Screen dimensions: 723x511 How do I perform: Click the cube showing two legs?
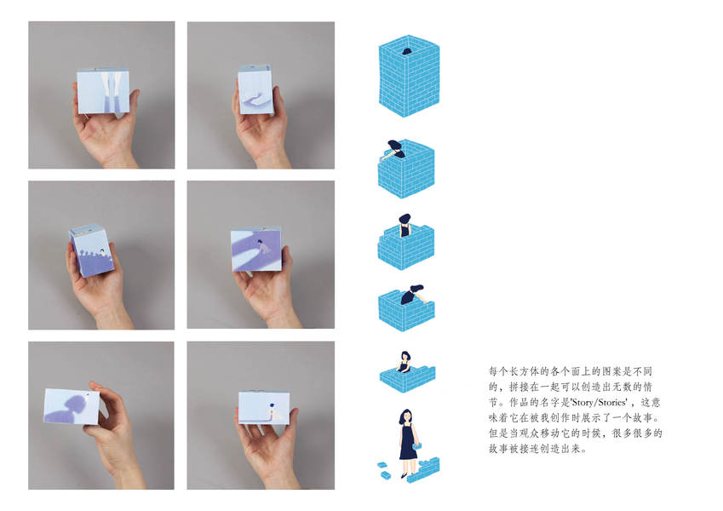[x=103, y=91]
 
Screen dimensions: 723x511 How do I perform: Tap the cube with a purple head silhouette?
[x=72, y=406]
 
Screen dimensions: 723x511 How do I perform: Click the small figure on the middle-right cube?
[x=263, y=247]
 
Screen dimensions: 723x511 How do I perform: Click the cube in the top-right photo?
[x=255, y=89]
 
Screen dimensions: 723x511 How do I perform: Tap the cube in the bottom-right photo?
[x=264, y=407]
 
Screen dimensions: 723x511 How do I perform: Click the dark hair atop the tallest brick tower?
[x=407, y=52]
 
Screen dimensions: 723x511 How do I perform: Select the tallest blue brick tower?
[x=409, y=76]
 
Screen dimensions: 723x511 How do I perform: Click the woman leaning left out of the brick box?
[x=393, y=150]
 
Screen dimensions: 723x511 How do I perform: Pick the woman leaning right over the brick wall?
[x=414, y=295]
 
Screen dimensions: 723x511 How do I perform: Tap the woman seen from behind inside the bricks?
[x=405, y=226]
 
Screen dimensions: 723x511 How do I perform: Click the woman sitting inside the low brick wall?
[x=405, y=362]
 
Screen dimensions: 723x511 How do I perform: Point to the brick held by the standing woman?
[x=416, y=446]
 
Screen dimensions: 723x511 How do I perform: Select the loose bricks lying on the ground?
[x=383, y=469]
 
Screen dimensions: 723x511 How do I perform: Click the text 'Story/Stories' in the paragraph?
[x=599, y=402]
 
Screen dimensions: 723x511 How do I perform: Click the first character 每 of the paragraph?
[x=494, y=371]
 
